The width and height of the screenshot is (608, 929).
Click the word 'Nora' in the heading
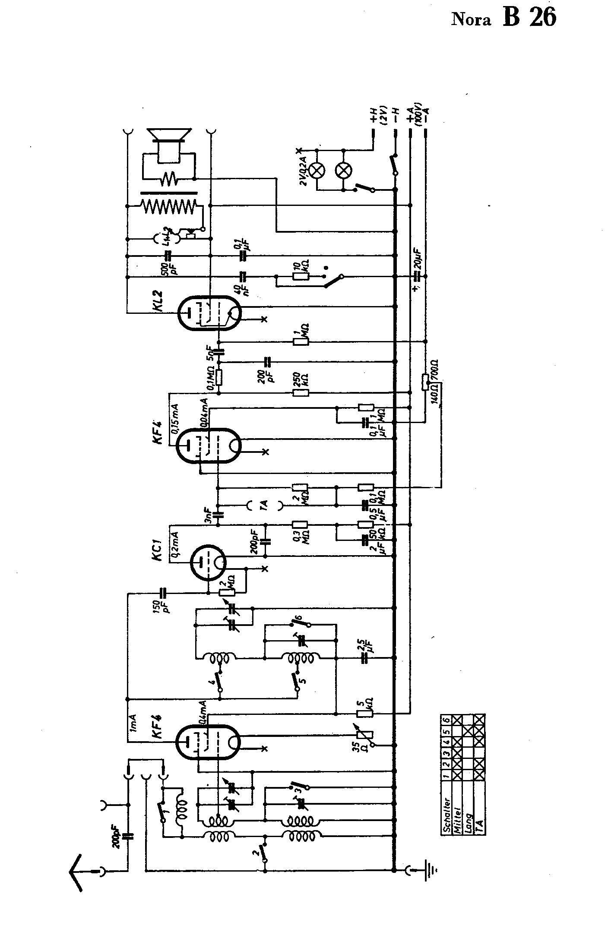[x=471, y=20]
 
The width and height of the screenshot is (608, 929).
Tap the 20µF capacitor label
[x=417, y=259]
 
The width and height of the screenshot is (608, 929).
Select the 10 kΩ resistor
[x=301, y=276]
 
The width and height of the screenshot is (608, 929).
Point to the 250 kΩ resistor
[x=301, y=393]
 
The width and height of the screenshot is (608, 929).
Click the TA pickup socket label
[x=265, y=505]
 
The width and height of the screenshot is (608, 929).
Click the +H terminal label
[x=373, y=116]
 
